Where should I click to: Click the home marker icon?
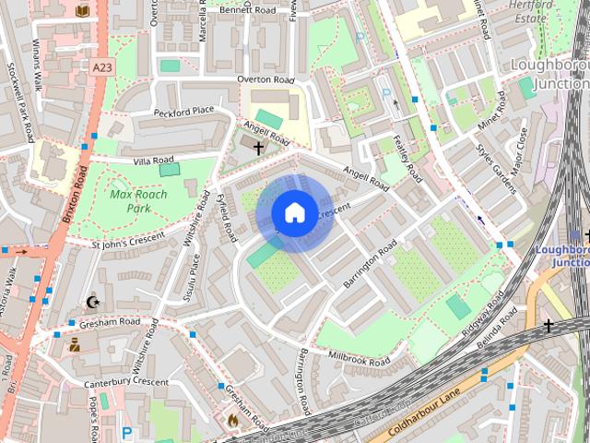coord(294,213)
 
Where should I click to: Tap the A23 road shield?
coord(104,66)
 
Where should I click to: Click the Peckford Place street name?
coord(183,111)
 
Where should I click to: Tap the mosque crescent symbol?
coord(91,302)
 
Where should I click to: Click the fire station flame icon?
coord(232,421)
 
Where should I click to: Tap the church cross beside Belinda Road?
coord(549,326)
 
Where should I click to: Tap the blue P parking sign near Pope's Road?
coord(126,432)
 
